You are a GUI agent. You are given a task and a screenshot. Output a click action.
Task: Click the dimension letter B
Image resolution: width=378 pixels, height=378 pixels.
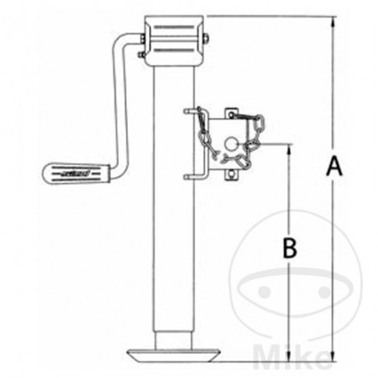coord(289,248)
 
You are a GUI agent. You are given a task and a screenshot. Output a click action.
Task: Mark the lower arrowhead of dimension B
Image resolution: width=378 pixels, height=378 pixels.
coord(289,357)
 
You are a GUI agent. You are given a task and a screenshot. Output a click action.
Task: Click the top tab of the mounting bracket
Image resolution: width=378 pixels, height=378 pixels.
coord(231,109)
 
